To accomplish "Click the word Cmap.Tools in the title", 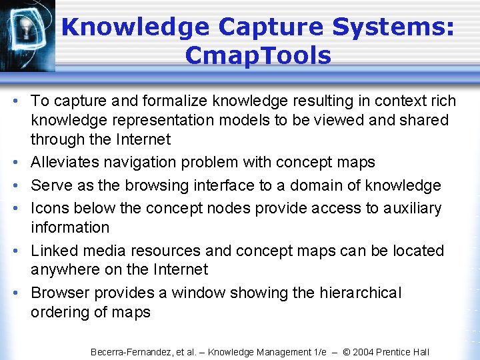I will [x=258, y=55].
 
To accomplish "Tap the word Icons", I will [x=49, y=208].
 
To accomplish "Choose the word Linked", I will [x=53, y=251].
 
